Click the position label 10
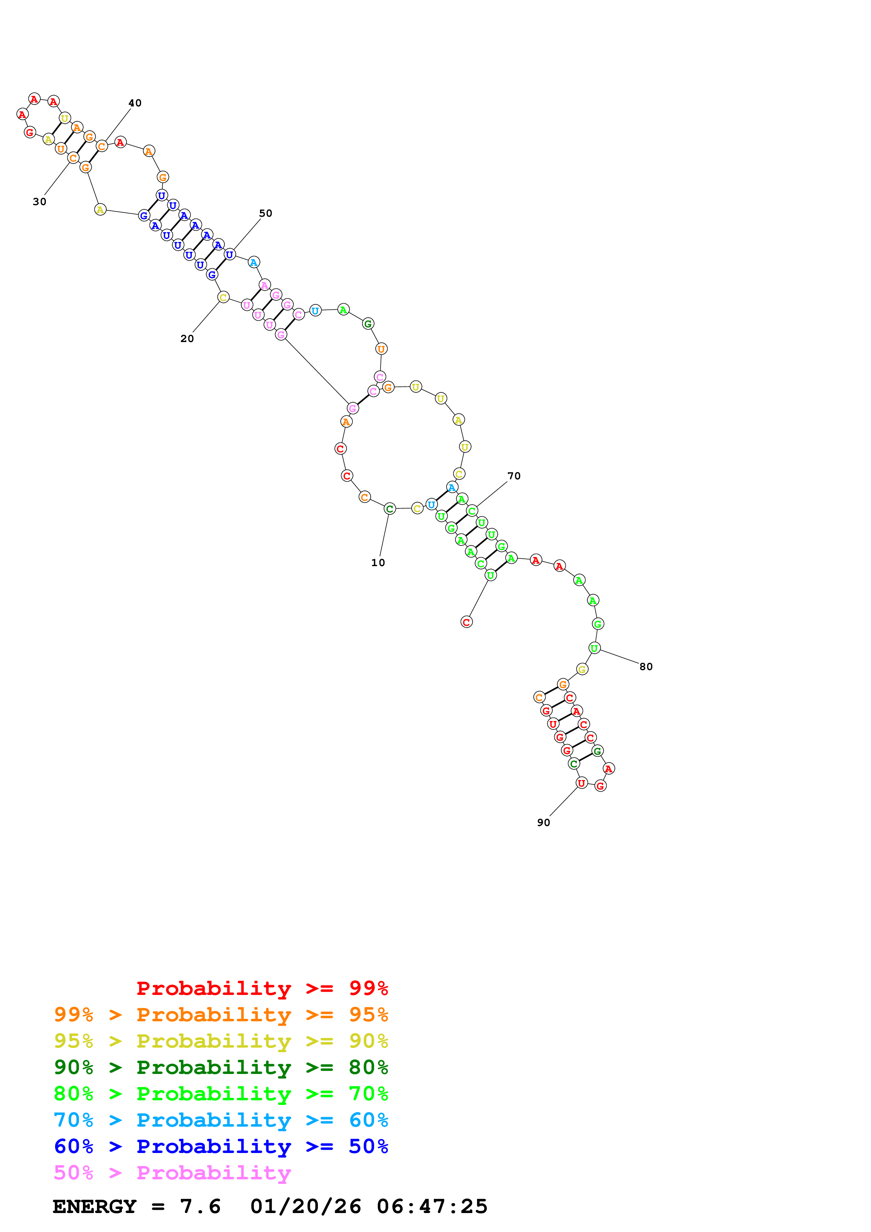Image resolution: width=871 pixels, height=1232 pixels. pos(378,562)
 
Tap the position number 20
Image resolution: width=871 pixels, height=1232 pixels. pos(187,339)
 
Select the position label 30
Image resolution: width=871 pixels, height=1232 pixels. pos(39,202)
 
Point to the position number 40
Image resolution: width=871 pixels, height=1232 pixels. pos(135,103)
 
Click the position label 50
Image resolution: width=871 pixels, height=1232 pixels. pos(266,213)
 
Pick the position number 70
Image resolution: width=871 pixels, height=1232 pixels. pos(514,476)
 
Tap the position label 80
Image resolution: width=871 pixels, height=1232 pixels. pos(645,667)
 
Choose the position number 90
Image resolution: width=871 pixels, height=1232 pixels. pos(543,823)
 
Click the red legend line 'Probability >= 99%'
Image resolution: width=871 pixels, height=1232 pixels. pos(262,988)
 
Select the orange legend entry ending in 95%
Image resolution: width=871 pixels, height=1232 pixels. pos(221,1015)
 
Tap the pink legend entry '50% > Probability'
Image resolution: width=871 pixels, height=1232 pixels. pos(172,1172)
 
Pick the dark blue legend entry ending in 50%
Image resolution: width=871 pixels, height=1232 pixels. pos(221,1146)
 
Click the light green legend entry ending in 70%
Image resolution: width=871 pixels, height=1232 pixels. pos(221,1094)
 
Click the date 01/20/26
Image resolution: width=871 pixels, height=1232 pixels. pos(305,1206)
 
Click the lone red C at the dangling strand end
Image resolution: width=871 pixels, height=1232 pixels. pos(466,622)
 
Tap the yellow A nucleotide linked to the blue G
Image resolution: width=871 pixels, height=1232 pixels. pos(100,209)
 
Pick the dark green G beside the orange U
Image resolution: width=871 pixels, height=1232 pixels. pos(368,323)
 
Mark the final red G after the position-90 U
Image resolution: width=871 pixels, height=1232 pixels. pos(600,786)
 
